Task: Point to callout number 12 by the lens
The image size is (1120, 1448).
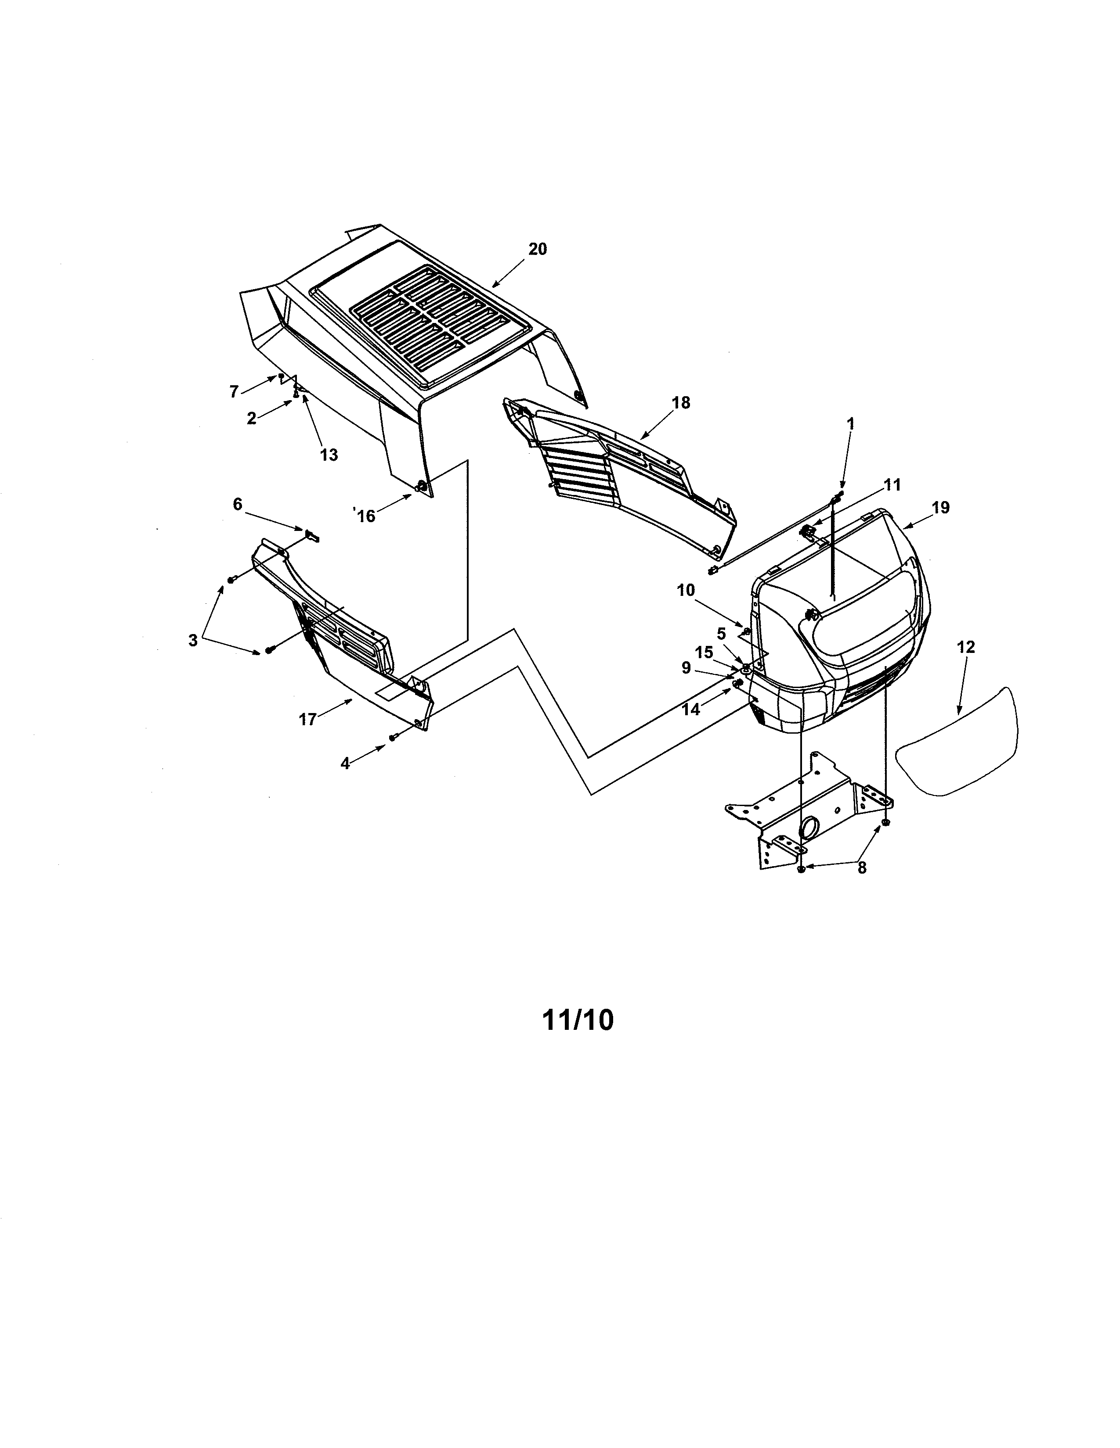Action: (966, 647)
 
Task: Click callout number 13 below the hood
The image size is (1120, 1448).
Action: (329, 455)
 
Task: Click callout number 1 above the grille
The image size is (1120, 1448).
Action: (851, 424)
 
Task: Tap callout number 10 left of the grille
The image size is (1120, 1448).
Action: (686, 590)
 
